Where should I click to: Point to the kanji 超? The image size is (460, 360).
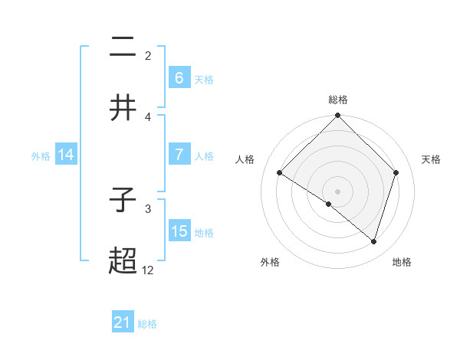(123, 262)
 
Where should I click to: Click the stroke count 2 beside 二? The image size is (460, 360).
(148, 55)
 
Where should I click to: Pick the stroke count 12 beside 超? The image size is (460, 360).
(147, 270)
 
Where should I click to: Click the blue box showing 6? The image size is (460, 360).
(179, 77)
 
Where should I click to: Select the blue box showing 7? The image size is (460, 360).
(179, 154)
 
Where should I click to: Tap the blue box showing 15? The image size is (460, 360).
(179, 231)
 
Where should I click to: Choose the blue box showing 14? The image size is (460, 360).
(66, 155)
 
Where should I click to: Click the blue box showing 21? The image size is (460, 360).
(123, 322)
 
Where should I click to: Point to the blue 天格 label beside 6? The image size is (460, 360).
(204, 79)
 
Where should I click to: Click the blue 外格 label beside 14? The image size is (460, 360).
(41, 155)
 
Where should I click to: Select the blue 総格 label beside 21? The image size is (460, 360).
(147, 324)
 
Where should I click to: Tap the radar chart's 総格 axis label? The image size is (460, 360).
(337, 100)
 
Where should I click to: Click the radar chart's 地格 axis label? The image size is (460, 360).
(402, 262)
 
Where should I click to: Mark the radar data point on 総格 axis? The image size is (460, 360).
(337, 116)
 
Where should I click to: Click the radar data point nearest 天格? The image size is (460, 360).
(396, 172)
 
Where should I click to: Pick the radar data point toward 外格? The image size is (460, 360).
(329, 204)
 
